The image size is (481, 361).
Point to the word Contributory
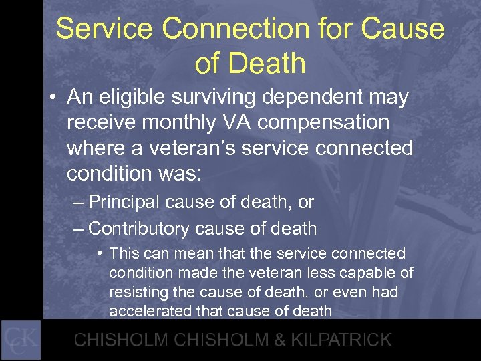click(x=139, y=228)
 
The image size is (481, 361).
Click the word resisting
click(x=138, y=291)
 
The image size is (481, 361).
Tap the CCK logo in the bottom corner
click(x=21, y=340)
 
